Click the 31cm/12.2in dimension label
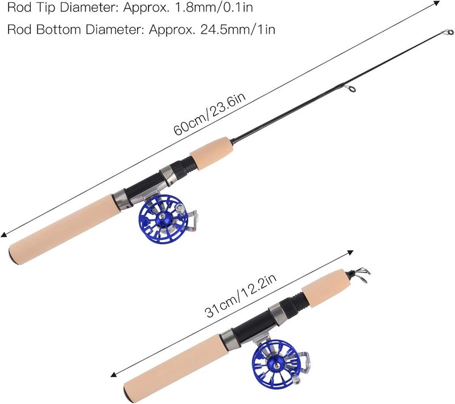click(x=241, y=295)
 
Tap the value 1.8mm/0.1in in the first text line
click(x=214, y=7)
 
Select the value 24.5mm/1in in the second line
click(x=238, y=30)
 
